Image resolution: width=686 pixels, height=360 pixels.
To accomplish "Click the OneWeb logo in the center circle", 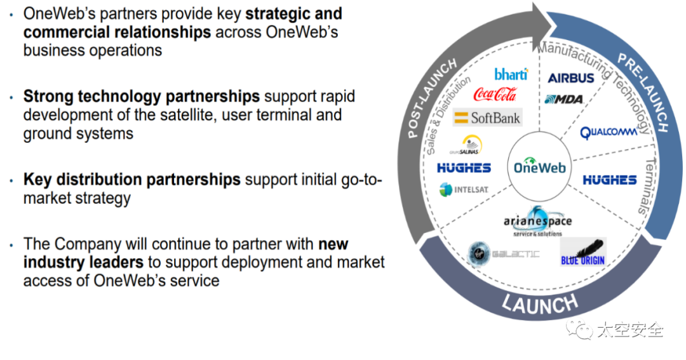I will (x=539, y=168).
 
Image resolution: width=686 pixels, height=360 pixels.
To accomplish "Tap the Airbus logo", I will (x=571, y=77).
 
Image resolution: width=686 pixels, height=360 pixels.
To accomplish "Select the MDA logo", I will (x=564, y=99).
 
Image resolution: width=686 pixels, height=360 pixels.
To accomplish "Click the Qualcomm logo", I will (x=608, y=133).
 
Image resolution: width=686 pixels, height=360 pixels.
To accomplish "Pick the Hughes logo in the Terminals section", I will (x=609, y=180).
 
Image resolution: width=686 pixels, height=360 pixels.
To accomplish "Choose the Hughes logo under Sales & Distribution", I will (x=464, y=168).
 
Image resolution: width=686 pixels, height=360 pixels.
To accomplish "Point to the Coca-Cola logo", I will (x=495, y=95).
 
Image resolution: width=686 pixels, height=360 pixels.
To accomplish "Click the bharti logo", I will (x=511, y=74).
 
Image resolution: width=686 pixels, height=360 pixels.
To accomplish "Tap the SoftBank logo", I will (x=487, y=117).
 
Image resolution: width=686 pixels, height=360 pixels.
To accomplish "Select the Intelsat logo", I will (x=464, y=189).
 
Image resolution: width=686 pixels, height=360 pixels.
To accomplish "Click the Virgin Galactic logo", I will (x=503, y=253).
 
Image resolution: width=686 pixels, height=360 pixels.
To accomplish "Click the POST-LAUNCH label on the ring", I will (x=432, y=98).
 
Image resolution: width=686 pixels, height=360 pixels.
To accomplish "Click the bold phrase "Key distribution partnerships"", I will (x=132, y=180).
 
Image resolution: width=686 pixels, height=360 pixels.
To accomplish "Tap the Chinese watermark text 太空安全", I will (x=629, y=330).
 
